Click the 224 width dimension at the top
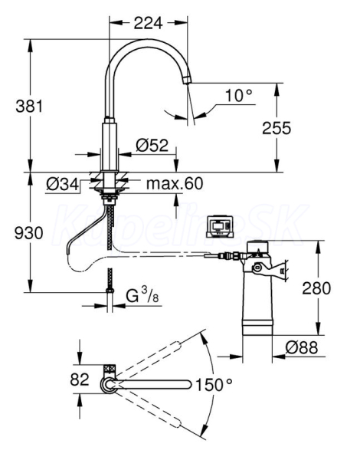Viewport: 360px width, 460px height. [x=148, y=23]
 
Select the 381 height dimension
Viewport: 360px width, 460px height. [x=29, y=106]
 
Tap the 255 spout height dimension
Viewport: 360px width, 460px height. [x=277, y=128]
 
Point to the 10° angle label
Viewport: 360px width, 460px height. [x=239, y=95]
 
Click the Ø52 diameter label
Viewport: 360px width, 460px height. [x=152, y=145]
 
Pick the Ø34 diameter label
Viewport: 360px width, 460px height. [x=63, y=185]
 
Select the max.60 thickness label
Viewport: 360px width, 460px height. [x=175, y=184]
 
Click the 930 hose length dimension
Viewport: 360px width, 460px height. [x=29, y=233]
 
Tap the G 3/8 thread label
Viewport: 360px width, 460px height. [x=142, y=295]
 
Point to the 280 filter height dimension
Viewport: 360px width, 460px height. [x=316, y=287]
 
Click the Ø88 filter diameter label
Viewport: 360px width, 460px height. [x=302, y=347]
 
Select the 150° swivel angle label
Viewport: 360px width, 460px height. [x=214, y=385]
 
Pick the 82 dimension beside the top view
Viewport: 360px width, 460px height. [x=80, y=379]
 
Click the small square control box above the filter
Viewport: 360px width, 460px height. [x=220, y=226]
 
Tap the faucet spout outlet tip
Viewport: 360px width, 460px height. [x=187, y=80]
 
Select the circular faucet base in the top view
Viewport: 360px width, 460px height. [x=109, y=384]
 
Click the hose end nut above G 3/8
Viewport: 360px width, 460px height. [x=110, y=291]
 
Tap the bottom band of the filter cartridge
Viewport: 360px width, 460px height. [x=257, y=328]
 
